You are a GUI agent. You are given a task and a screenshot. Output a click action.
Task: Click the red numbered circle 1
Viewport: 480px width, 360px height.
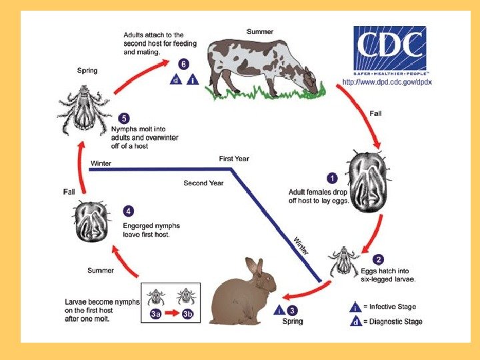(x=331, y=178)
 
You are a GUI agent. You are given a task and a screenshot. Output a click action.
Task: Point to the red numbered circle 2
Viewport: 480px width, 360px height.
(x=378, y=259)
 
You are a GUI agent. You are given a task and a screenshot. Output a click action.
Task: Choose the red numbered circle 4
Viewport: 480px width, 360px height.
(x=128, y=212)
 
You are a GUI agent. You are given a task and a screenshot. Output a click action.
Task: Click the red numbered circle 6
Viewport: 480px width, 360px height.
(x=183, y=65)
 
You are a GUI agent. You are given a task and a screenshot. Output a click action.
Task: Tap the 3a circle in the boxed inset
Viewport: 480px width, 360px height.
(x=156, y=314)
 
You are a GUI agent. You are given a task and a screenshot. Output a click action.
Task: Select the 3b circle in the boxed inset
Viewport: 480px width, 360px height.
(x=187, y=314)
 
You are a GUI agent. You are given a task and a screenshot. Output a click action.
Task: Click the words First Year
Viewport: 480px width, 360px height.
(x=234, y=159)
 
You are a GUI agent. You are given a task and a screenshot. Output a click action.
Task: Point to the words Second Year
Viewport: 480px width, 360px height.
(x=205, y=183)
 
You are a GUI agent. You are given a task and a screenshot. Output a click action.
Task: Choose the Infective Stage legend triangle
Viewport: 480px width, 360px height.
(x=357, y=307)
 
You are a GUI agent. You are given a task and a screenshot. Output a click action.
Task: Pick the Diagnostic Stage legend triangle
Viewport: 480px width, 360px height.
(x=357, y=322)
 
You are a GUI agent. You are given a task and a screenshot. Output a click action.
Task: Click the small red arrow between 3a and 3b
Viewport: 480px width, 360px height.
(x=172, y=314)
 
